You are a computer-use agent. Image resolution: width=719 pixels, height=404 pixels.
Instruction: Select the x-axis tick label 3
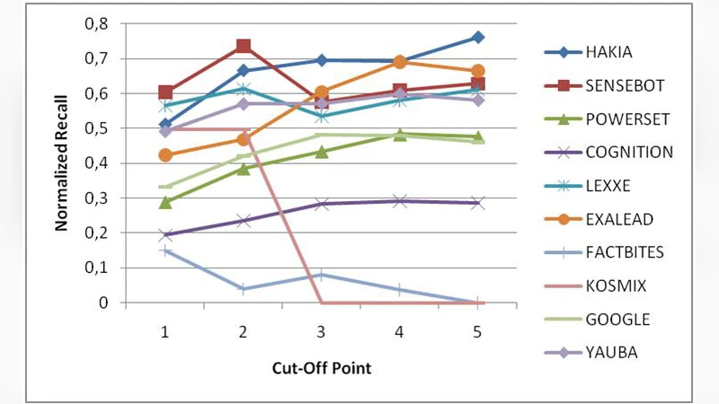pyautogui.click(x=321, y=332)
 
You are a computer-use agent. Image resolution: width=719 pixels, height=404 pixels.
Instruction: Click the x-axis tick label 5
pyautogui.click(x=477, y=332)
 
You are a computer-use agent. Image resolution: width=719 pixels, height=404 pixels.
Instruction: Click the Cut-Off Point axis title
pyautogui.click(x=321, y=368)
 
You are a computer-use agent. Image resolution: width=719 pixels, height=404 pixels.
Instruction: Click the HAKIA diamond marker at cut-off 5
pyautogui.click(x=477, y=38)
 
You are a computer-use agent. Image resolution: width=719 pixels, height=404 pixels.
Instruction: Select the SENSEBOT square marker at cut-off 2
pyautogui.click(x=243, y=47)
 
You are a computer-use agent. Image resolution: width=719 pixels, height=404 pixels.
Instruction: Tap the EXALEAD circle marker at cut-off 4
pyautogui.click(x=399, y=62)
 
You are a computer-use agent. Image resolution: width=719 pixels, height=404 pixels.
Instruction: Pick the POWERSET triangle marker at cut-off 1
pyautogui.click(x=164, y=202)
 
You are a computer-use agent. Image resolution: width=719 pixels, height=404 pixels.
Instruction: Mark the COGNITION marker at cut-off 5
pyautogui.click(x=477, y=203)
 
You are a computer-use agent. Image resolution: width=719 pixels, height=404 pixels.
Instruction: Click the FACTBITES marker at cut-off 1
pyautogui.click(x=164, y=250)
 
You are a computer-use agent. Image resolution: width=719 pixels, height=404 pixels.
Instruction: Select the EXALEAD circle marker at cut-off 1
pyautogui.click(x=164, y=155)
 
